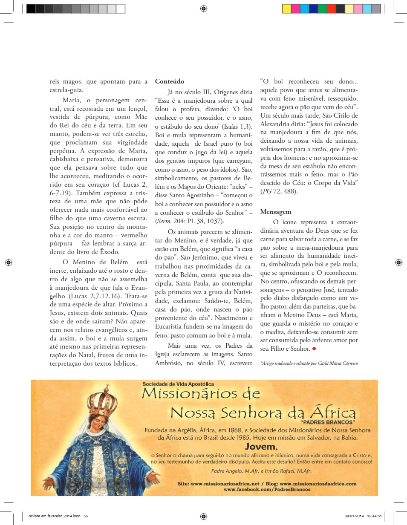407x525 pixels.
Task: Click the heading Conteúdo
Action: pos(170,81)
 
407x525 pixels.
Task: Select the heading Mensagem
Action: pos(276,212)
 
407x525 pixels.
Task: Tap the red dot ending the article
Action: pos(314,349)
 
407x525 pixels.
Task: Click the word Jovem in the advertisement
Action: pos(261,447)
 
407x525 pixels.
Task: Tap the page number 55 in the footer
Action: pos(86,516)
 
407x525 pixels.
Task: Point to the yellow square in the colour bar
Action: pos(286,9)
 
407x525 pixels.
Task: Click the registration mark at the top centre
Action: pos(203,8)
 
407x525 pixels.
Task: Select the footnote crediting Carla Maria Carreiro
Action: pos(309,363)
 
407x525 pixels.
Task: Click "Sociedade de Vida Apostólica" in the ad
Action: pos(179,384)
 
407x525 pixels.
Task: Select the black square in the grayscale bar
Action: pos(31,9)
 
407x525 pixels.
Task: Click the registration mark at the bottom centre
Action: pos(203,516)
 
